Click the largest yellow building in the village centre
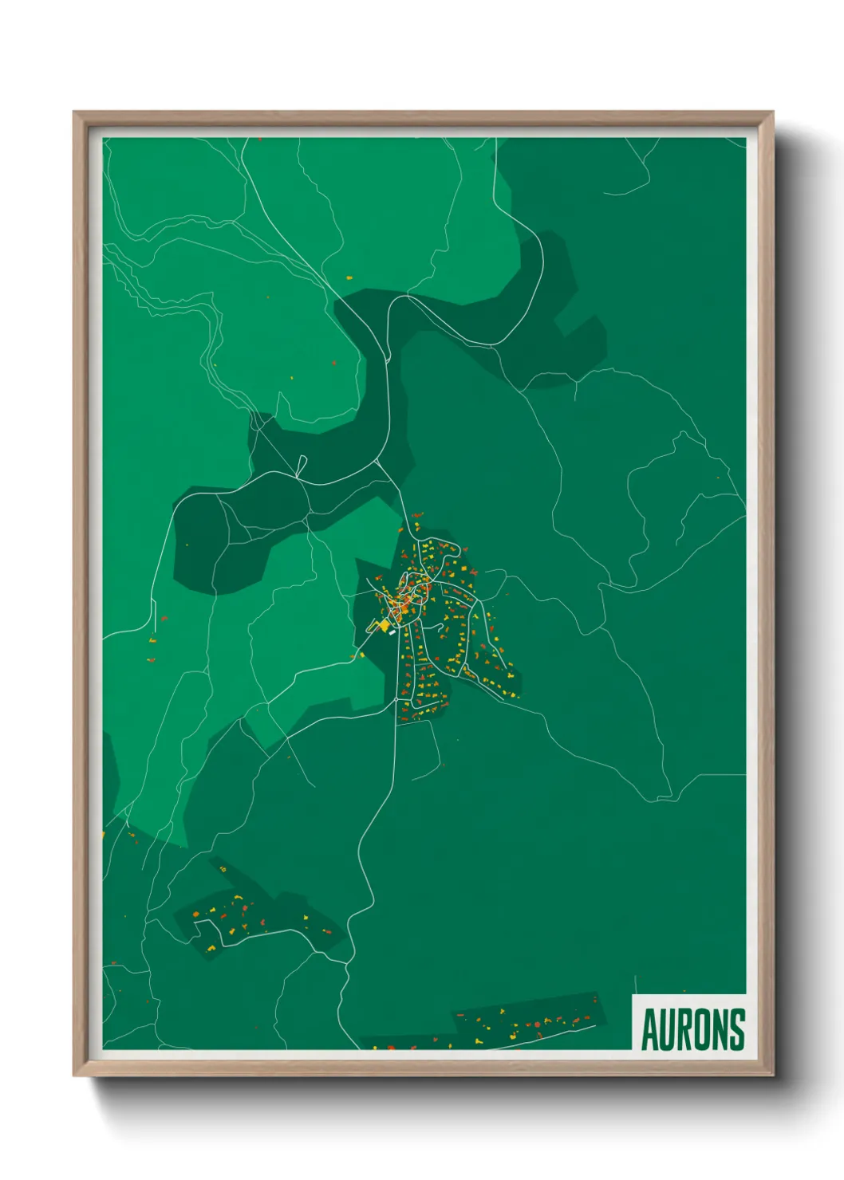pyautogui.click(x=384, y=625)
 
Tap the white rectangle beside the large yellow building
pyautogui.click(x=392, y=633)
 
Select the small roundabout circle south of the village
pyautogui.click(x=396, y=700)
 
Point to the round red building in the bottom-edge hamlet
pyautogui.click(x=537, y=1025)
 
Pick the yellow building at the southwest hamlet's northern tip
pyautogui.click(x=223, y=868)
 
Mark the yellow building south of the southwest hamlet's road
pyautogui.click(x=212, y=948)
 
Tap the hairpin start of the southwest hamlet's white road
pyautogui.click(x=194, y=923)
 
